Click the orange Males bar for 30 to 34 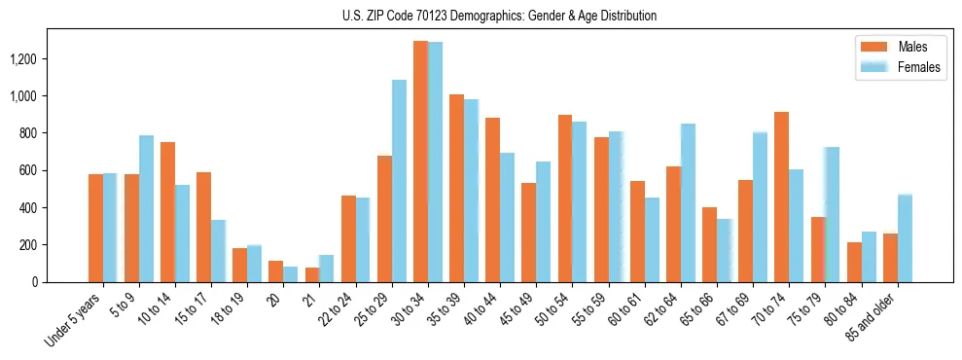(x=420, y=162)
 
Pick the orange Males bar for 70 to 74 (x=781, y=198)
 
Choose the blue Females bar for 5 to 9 (x=146, y=209)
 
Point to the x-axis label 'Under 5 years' (x=75, y=320)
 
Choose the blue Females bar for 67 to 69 (x=760, y=207)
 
